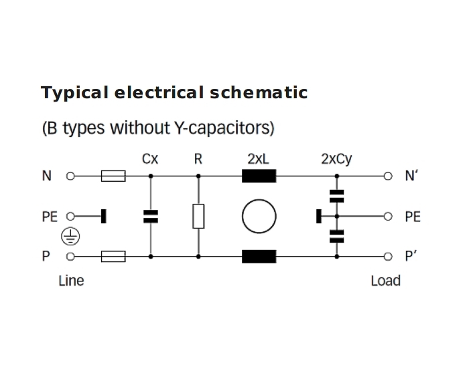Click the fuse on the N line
[x=113, y=176]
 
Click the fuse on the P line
[x=113, y=256]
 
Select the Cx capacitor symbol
[x=150, y=216]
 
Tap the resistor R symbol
[x=198, y=216]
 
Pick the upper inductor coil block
[x=259, y=176]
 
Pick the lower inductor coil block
[x=259, y=256]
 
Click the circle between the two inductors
[x=259, y=216]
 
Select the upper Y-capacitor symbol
[x=337, y=196]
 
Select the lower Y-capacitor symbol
[x=337, y=235]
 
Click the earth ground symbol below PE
[x=71, y=235]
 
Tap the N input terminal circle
[x=70, y=176]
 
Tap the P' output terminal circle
[x=387, y=256]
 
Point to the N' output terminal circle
[x=387, y=176]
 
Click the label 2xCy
[x=336, y=160]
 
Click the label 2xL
[x=259, y=159]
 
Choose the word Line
[x=71, y=280]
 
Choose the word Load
[x=385, y=280]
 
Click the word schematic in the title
[x=259, y=92]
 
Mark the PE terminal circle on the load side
[x=387, y=217]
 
